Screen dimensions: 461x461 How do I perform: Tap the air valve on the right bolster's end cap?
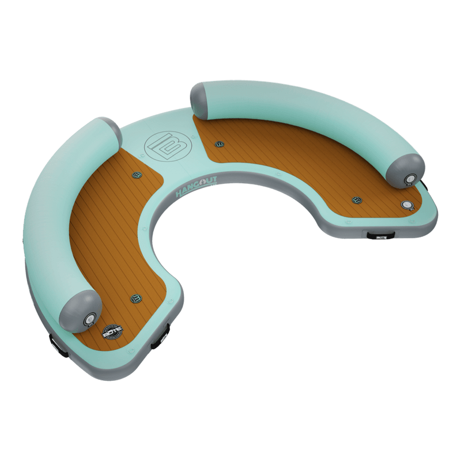pos(410,178)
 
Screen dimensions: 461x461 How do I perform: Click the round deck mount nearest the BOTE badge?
pos(137,298)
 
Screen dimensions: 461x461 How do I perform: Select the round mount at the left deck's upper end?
pos(137,175)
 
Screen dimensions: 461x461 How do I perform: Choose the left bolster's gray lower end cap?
pos(84,311)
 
